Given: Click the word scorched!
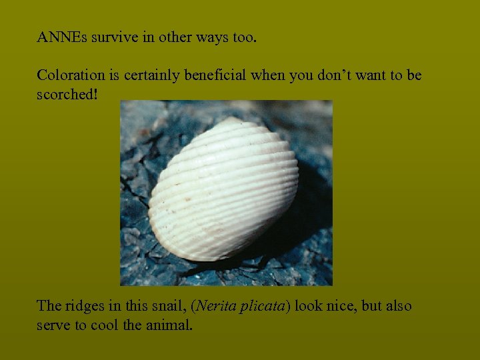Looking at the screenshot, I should [67, 94].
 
